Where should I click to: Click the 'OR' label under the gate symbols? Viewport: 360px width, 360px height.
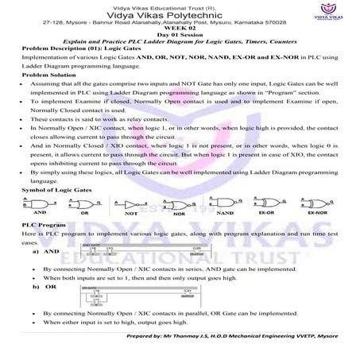click(x=83, y=215)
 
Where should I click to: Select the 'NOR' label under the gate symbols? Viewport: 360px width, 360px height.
click(x=177, y=215)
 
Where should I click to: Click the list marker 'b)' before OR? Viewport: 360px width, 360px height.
click(x=37, y=286)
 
